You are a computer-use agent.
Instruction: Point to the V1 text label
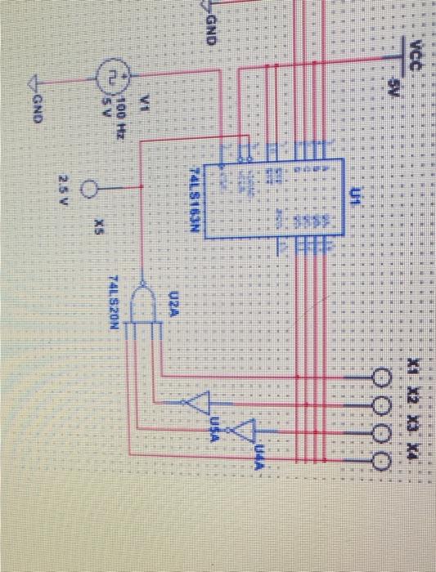(145, 102)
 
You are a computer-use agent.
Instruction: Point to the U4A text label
(260, 452)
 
